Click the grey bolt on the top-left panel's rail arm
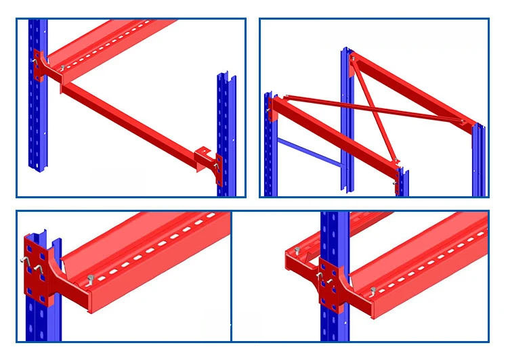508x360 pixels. point(63,68)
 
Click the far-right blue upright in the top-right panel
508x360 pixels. point(480,162)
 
